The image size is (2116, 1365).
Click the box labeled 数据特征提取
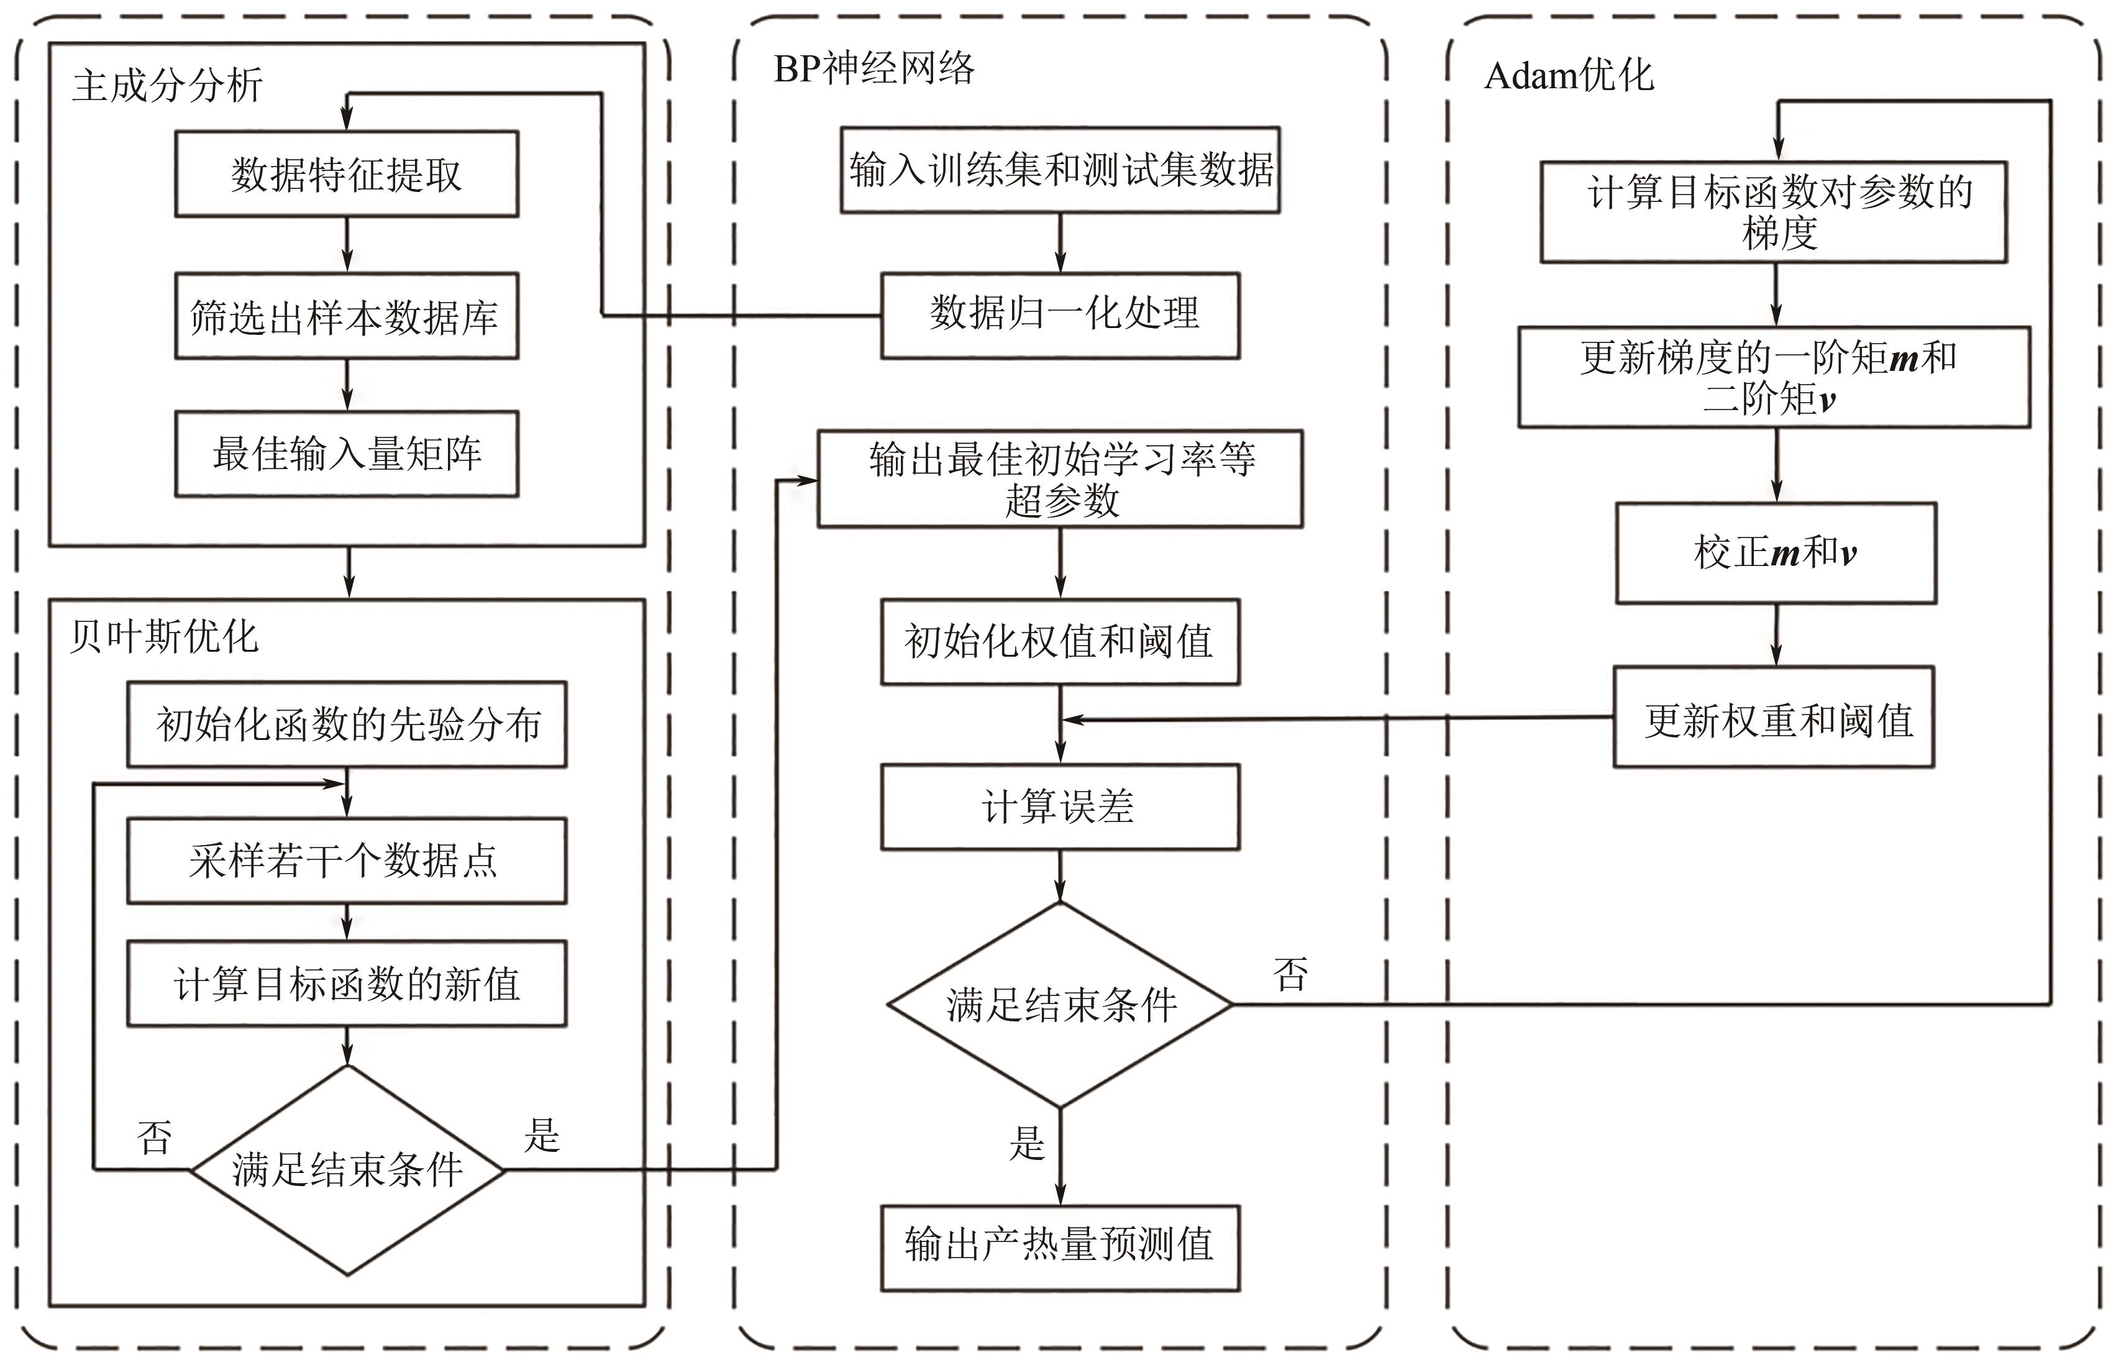(347, 174)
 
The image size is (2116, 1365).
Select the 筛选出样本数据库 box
(347, 316)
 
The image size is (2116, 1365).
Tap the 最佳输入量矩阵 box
(347, 454)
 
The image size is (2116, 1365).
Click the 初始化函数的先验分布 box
(347, 724)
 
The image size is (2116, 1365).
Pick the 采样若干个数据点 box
(347, 861)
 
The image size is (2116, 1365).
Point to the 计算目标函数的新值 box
(347, 984)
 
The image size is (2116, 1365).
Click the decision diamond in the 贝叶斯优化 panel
(347, 1170)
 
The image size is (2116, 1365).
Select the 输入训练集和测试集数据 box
(1060, 169)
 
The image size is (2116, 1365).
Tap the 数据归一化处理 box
(1060, 314)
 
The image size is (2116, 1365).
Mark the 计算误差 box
(1060, 806)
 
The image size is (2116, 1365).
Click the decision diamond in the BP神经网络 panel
(1060, 1004)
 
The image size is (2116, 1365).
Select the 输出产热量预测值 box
(1060, 1247)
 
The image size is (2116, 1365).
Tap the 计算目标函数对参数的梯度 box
(1773, 212)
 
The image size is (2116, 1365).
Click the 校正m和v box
(1776, 553)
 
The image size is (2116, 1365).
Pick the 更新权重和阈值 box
(1774, 717)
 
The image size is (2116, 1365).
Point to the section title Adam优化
(1569, 75)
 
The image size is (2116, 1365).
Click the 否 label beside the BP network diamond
(1290, 975)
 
